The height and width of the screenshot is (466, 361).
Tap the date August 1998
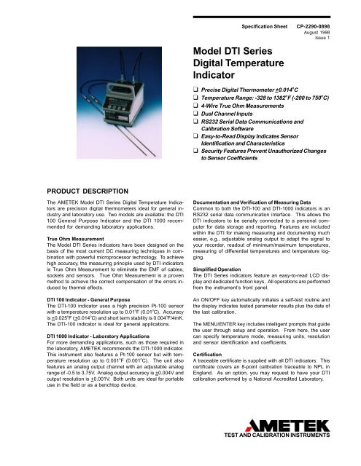(x=334, y=23)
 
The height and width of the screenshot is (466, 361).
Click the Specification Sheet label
(x=267, y=15)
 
